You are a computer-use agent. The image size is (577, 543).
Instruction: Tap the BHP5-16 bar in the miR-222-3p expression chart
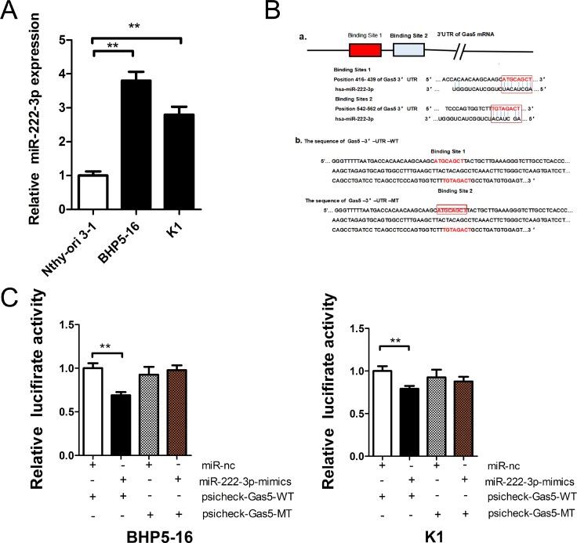136,145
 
